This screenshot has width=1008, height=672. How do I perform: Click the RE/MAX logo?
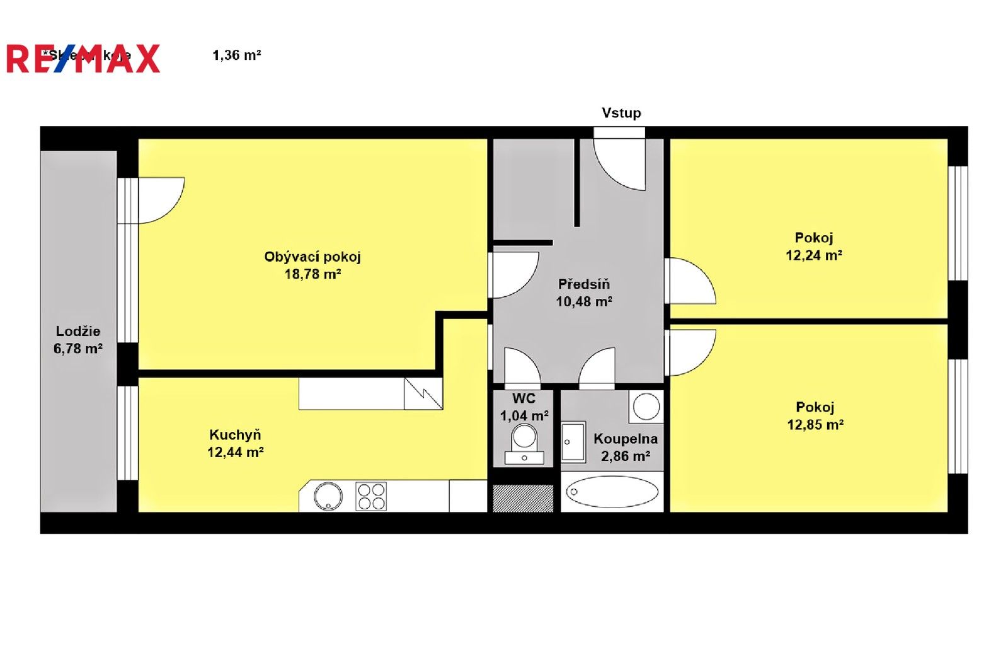(x=83, y=59)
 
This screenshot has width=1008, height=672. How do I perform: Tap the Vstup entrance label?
(x=621, y=113)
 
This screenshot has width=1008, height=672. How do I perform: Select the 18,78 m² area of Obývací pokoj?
(x=312, y=274)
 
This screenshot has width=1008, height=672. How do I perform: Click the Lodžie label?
(x=78, y=331)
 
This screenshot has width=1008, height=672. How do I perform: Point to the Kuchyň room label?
(x=235, y=434)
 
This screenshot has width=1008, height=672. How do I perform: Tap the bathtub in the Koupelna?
(x=612, y=492)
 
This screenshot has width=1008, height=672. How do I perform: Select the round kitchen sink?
(x=328, y=496)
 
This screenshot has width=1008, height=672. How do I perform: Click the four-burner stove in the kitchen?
(x=371, y=496)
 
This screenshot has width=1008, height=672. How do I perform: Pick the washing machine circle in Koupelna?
(x=646, y=406)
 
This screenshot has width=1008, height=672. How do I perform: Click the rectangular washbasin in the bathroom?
(x=573, y=442)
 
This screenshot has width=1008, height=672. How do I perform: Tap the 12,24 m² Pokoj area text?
(x=813, y=255)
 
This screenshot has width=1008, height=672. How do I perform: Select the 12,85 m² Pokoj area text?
(x=815, y=425)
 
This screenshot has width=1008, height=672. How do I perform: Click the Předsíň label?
(x=584, y=284)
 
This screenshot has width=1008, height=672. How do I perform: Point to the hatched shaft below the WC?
(x=523, y=498)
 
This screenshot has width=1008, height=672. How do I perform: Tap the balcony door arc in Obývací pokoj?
(x=161, y=200)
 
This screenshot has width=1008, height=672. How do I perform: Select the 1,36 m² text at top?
(x=237, y=55)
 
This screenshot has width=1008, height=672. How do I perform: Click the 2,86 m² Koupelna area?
(x=625, y=456)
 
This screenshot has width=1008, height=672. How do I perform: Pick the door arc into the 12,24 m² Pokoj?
(x=691, y=282)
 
